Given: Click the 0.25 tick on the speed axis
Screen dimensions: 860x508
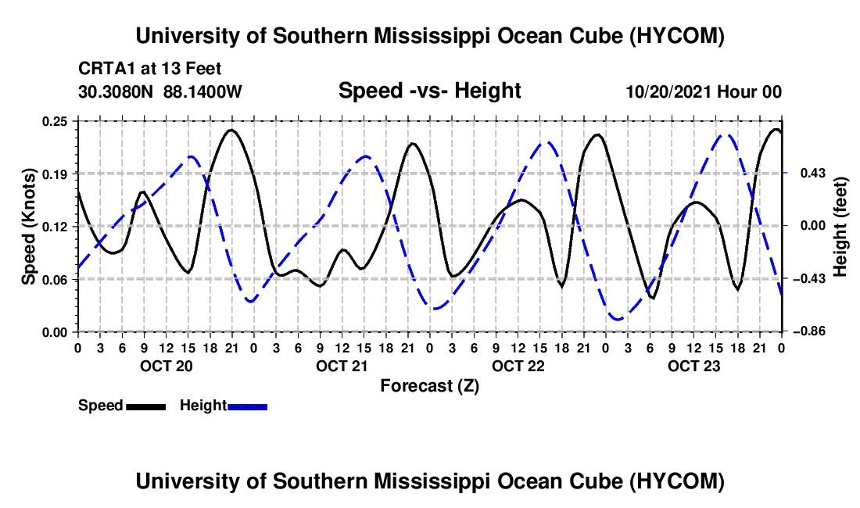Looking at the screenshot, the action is coord(54,121).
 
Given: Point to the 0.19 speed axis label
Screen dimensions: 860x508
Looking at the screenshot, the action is coord(54,174).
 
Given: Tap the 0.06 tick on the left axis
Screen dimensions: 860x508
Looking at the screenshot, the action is coord(54,280).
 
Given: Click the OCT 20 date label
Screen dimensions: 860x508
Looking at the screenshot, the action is coord(167,366).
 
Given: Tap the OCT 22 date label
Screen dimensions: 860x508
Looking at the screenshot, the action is coord(518,366).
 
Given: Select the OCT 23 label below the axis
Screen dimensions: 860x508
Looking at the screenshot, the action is coord(693,366).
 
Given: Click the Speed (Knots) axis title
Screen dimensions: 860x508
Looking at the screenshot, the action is coord(28,227).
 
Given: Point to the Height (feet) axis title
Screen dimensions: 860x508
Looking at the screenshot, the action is coord(840,227).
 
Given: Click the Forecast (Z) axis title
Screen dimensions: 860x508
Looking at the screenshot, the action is coord(430,386).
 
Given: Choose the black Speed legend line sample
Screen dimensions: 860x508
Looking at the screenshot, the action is coord(146,406).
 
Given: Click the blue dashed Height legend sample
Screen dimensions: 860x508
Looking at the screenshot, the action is coord(247,406).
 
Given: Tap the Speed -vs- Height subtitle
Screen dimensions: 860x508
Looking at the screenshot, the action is coord(430,91).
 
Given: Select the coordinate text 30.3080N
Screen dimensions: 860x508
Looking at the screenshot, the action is coord(115,91).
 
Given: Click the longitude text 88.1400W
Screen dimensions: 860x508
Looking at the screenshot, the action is coord(202,91).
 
